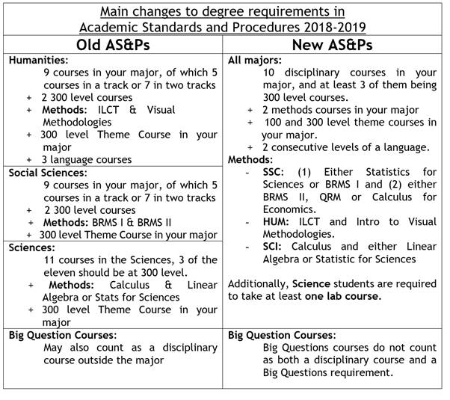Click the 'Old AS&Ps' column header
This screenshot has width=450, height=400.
tap(113, 45)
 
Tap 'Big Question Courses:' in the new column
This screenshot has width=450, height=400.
tap(282, 336)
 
